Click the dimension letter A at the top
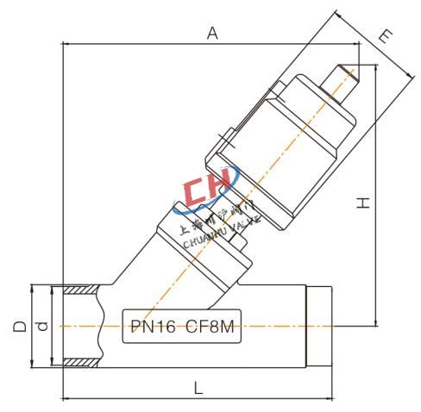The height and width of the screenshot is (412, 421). coord(210,32)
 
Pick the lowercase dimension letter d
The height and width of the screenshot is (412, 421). coord(40,327)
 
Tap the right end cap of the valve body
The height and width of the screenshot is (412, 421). coord(321,327)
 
